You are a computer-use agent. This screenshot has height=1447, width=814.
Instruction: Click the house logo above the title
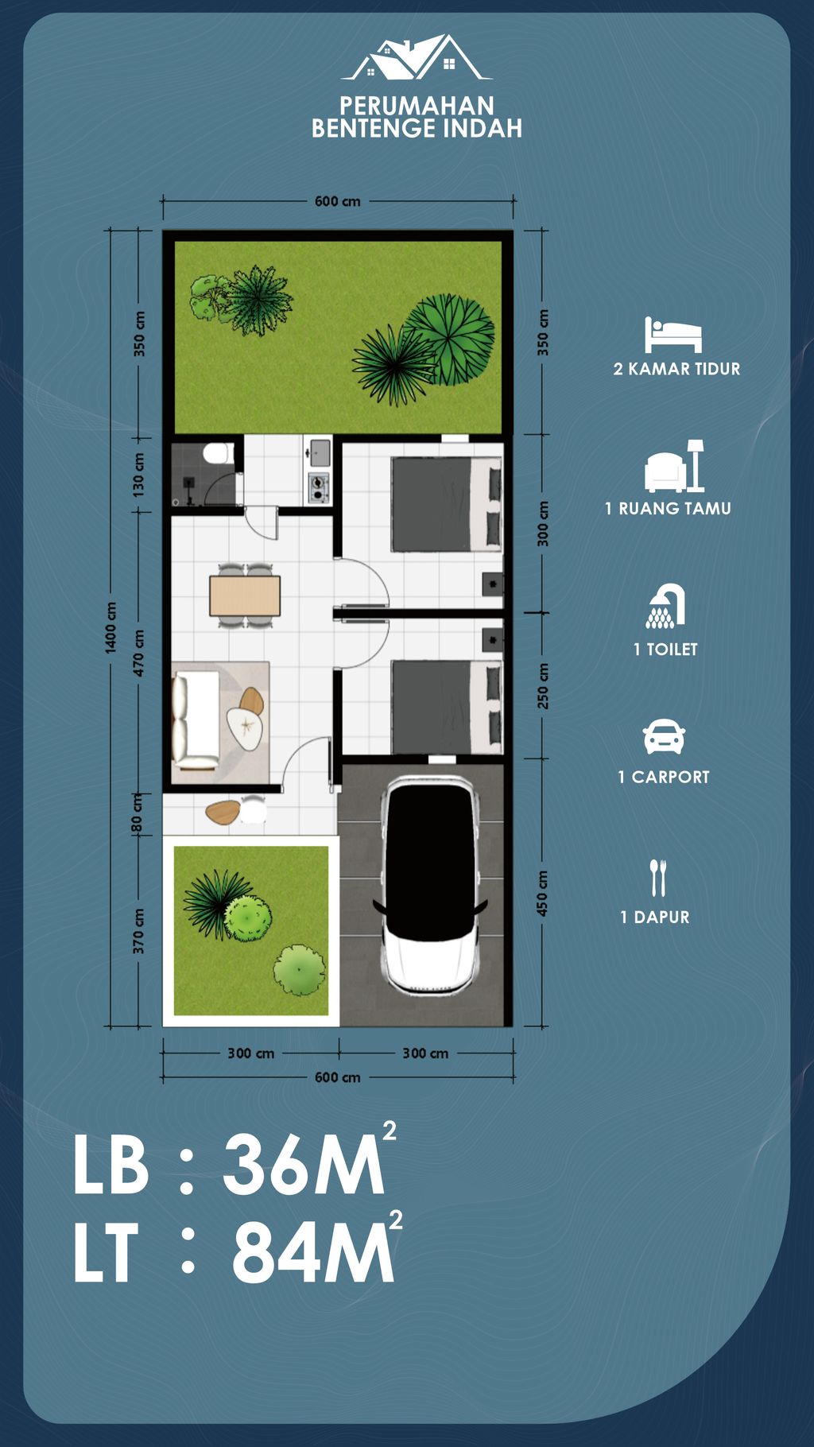point(417,57)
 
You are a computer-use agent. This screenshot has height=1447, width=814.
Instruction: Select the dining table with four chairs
point(245,595)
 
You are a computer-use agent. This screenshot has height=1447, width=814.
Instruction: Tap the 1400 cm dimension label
point(111,628)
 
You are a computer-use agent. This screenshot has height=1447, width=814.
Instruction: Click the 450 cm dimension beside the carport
point(543,893)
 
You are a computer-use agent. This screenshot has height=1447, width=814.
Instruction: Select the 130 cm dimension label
point(139,475)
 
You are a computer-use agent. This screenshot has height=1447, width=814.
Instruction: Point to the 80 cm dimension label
point(138,813)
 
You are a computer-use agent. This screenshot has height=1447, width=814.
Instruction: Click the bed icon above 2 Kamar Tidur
point(673,335)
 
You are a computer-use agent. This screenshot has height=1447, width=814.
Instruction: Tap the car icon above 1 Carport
point(664,737)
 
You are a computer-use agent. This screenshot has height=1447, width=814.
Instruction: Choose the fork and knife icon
point(657,878)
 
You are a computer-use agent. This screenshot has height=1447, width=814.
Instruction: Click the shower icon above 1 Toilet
point(665,607)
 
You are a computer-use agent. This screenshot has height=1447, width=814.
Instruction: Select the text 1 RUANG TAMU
point(668,509)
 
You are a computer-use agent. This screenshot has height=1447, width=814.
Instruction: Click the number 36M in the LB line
point(304,1166)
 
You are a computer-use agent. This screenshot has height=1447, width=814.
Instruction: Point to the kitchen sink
point(320,452)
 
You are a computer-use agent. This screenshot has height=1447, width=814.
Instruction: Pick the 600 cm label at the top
point(338,201)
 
